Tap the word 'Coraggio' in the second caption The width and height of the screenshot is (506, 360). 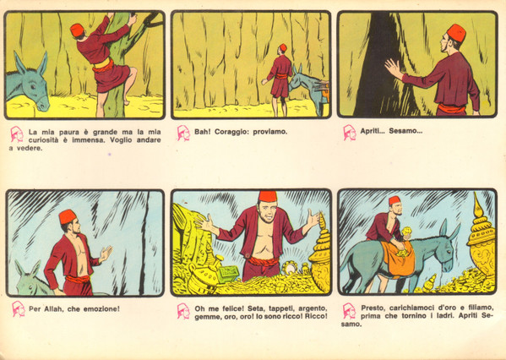[231, 132]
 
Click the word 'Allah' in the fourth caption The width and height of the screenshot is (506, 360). [53, 308]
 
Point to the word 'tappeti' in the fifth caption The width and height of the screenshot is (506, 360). [280, 308]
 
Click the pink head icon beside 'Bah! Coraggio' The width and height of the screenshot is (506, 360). [183, 133]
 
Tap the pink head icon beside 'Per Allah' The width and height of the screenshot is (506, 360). [19, 309]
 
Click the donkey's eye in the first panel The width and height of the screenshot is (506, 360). [32, 86]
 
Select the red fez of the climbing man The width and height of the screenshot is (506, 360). [77, 30]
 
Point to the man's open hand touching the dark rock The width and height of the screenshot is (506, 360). [393, 68]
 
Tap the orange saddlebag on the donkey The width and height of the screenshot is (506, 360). [399, 259]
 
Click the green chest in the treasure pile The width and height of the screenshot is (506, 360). [228, 274]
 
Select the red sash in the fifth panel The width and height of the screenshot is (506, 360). [262, 261]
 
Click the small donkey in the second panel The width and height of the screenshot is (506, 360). [307, 89]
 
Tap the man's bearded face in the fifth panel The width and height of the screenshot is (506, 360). [268, 211]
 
